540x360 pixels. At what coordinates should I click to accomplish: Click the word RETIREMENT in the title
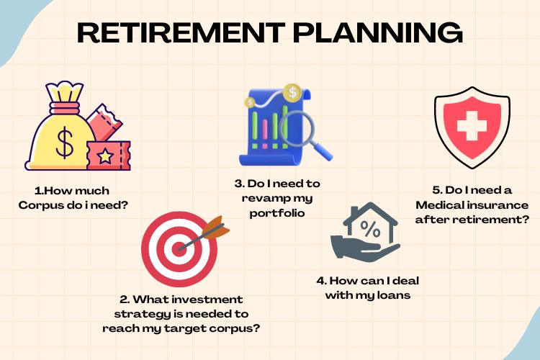click(181, 32)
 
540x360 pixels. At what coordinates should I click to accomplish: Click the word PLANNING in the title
click(377, 32)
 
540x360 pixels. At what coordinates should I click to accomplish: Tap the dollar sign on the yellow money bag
click(65, 142)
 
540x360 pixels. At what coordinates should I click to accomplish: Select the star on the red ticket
click(105, 156)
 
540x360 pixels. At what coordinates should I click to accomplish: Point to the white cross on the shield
click(472, 126)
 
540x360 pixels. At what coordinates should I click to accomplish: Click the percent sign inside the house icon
click(370, 228)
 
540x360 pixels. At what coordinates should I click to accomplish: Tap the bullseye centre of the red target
click(179, 248)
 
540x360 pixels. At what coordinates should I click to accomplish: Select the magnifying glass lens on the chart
click(297, 128)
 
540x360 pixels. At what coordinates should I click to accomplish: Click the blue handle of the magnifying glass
click(322, 152)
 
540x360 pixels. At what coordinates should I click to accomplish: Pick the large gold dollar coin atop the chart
click(292, 92)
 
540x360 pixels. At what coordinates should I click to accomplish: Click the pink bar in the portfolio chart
click(265, 133)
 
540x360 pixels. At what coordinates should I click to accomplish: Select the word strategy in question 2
click(142, 315)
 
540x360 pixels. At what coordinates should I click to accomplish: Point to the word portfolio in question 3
click(277, 214)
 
